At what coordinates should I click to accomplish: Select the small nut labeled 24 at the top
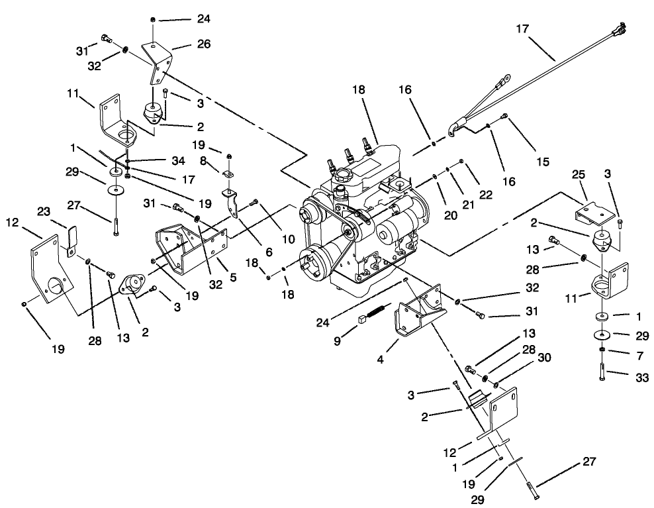coord(154,19)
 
